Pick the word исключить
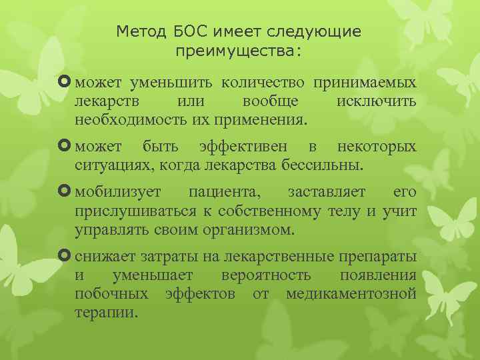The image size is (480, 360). (x=377, y=102)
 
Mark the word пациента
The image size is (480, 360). (x=225, y=192)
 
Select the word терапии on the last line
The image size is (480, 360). (x=106, y=312)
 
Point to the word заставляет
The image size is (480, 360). (x=327, y=192)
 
